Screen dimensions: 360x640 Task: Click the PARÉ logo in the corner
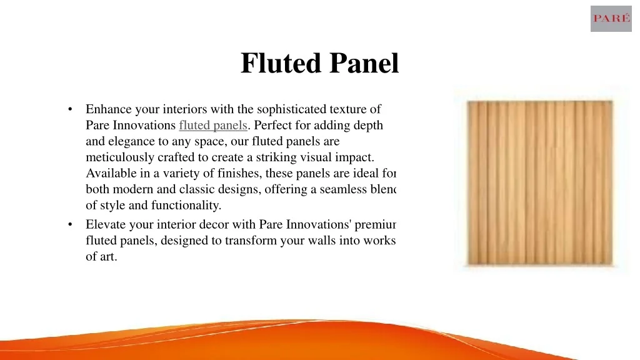611,19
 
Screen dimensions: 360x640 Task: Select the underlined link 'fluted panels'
213,125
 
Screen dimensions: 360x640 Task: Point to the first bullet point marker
72,109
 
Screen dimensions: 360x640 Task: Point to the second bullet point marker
72,224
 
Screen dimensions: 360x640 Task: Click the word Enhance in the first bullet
109,109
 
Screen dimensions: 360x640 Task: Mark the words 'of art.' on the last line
101,256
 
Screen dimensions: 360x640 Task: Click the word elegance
132,141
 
